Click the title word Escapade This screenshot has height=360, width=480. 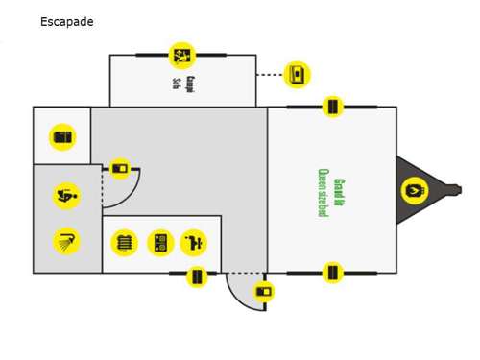[x=67, y=21]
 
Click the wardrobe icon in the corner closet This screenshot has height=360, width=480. [x=62, y=137]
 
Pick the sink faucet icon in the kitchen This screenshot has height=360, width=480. [x=193, y=243]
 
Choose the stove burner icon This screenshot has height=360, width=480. [x=159, y=243]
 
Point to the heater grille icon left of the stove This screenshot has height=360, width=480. [x=125, y=243]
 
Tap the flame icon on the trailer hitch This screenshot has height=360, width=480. [x=413, y=190]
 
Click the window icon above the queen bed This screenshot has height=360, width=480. [x=332, y=107]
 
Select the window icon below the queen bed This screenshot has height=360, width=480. [x=332, y=273]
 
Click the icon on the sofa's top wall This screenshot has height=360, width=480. [x=181, y=55]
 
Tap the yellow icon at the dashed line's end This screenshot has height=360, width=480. [x=298, y=74]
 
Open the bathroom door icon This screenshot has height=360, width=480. [x=120, y=170]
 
